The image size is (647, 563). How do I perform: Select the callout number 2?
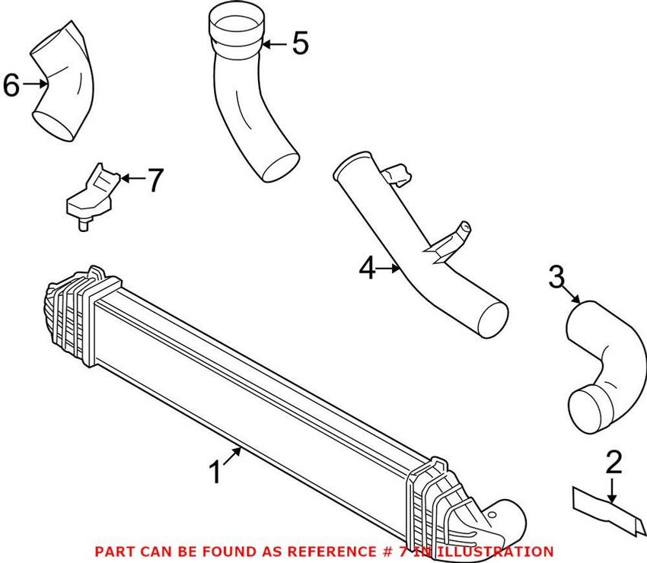(614, 463)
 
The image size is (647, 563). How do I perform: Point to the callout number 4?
(368, 269)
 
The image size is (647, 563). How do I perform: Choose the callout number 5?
(301, 44)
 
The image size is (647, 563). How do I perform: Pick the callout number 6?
(11, 85)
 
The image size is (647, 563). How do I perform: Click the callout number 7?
(155, 180)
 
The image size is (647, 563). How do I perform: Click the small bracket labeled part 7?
(91, 194)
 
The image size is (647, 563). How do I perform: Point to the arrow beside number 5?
(275, 44)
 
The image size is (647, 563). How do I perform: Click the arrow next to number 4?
(390, 268)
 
